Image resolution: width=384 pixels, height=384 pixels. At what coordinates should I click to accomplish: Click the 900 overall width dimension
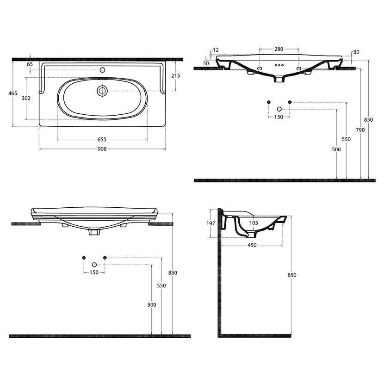[x=102, y=149]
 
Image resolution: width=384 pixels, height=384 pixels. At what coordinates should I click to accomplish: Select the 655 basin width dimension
[x=102, y=140]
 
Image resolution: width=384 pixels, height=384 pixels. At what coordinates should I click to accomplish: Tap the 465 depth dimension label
[x=13, y=93]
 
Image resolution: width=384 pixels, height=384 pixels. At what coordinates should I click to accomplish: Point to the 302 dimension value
[x=26, y=98]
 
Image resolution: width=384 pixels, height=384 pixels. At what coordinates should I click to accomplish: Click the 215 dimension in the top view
[x=176, y=76]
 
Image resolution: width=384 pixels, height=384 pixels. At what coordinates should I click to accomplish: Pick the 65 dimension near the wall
[x=30, y=64]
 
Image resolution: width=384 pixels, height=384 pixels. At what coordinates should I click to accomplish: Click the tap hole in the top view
[x=102, y=70]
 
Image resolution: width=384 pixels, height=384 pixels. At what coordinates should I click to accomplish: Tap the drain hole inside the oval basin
[x=102, y=91]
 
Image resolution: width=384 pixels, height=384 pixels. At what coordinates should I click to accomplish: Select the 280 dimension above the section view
[x=279, y=49]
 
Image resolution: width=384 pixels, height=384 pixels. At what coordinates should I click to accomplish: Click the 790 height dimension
[x=360, y=130]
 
